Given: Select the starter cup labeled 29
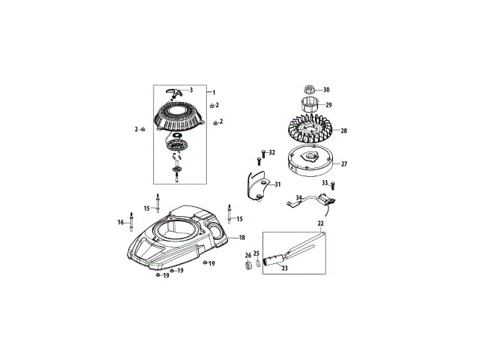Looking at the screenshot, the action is point(308,104).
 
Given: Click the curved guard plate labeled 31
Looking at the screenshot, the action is point(258,185).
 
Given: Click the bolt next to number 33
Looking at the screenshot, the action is point(333,186).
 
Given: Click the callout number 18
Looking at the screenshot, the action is point(241,238).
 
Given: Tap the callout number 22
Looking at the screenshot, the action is point(320,223).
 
